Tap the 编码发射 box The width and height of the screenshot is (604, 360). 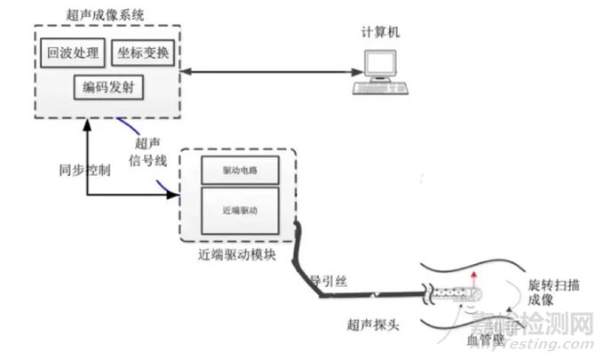point(109,88)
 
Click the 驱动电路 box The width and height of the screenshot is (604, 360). point(241,169)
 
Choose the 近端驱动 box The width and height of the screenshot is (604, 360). point(241,211)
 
